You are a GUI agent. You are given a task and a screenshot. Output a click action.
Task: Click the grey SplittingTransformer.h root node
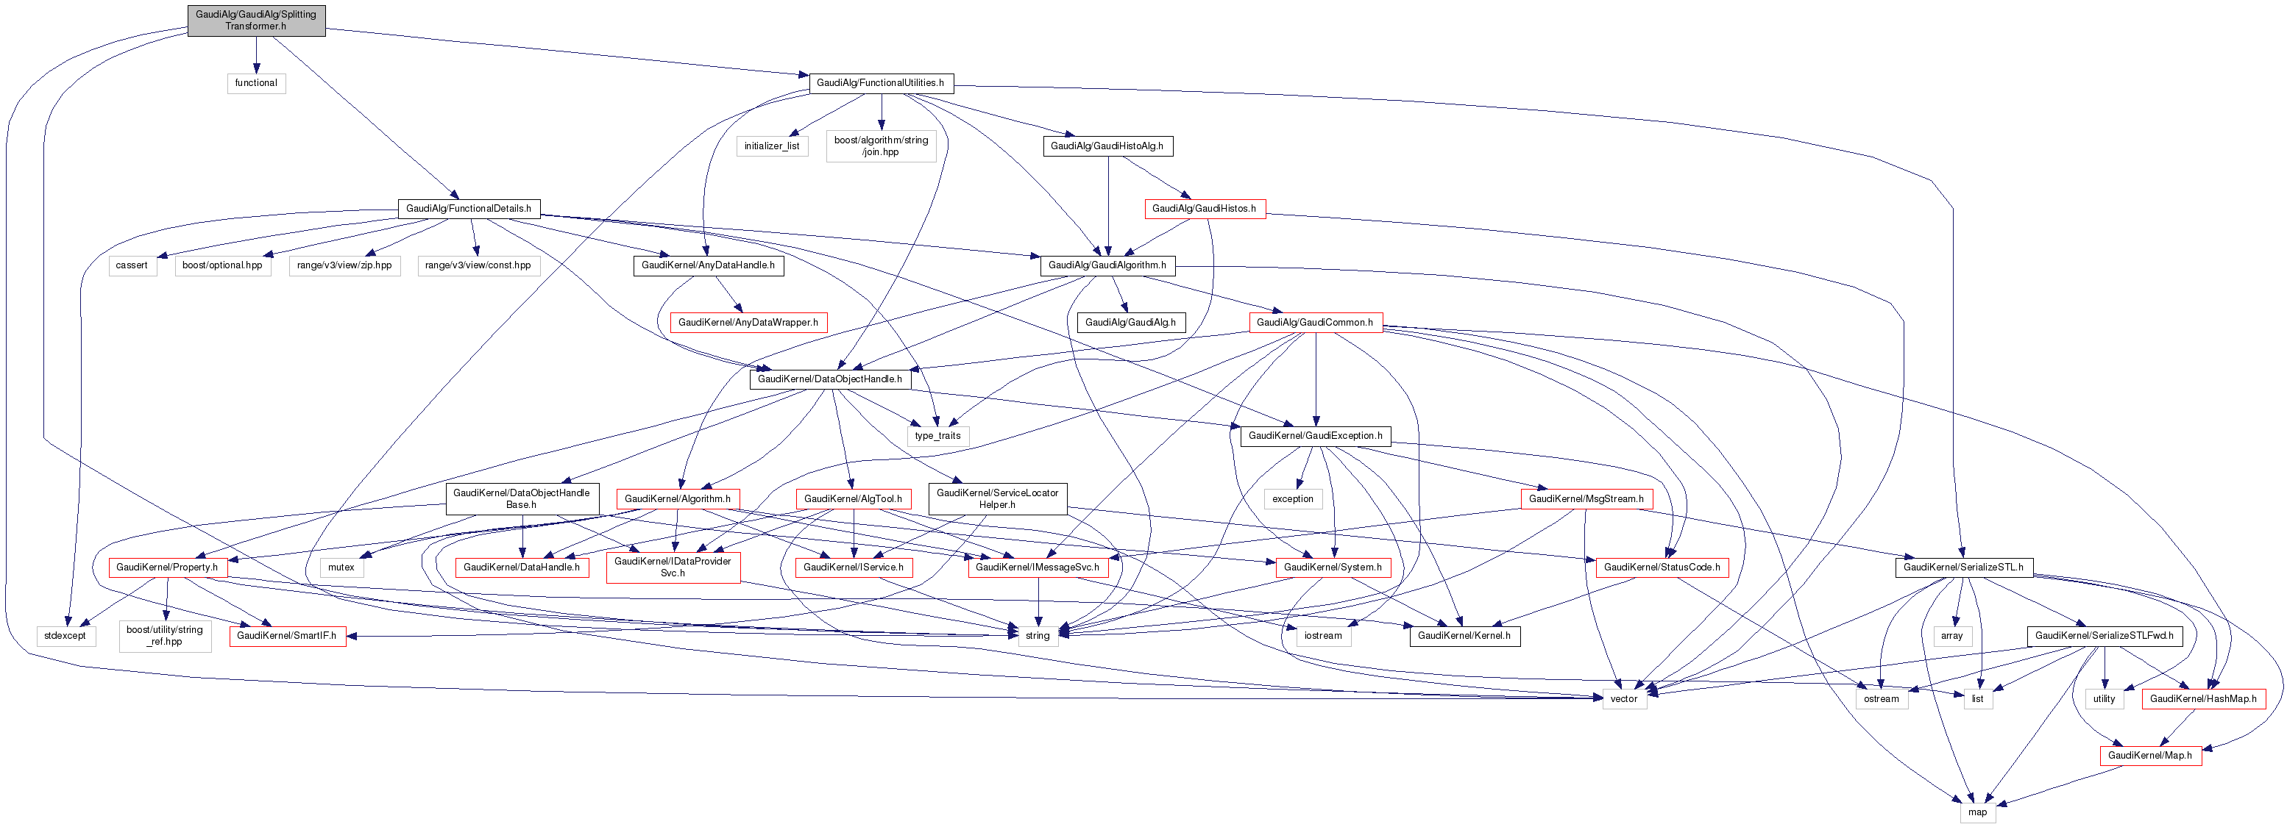click(x=255, y=20)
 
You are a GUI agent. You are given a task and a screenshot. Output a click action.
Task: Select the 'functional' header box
click(x=255, y=83)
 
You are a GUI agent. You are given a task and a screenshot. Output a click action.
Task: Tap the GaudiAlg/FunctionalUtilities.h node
click(x=881, y=83)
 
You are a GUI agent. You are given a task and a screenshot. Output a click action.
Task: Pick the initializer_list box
click(x=771, y=146)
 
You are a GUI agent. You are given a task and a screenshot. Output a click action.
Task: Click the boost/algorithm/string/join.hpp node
click(x=881, y=146)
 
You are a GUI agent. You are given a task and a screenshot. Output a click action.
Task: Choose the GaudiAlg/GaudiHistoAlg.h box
click(x=1107, y=146)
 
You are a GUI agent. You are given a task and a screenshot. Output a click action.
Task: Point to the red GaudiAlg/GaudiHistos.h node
click(x=1204, y=210)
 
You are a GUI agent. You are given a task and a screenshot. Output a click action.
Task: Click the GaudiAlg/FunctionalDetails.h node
click(x=468, y=210)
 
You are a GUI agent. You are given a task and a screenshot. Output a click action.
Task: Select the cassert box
click(x=132, y=265)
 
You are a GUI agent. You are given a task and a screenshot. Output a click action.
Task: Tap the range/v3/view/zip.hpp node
click(x=344, y=265)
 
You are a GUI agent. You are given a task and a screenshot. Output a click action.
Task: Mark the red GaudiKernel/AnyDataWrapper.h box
click(x=748, y=323)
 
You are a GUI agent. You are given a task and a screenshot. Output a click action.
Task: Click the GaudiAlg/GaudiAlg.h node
click(x=1130, y=323)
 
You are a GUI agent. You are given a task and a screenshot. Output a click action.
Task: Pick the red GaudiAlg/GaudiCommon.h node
click(x=1315, y=323)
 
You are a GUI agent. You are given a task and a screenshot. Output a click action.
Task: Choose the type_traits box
click(x=937, y=436)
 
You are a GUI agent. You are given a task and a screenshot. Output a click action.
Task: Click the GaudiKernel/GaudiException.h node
click(x=1315, y=436)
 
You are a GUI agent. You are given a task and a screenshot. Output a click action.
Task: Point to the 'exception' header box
click(x=1293, y=498)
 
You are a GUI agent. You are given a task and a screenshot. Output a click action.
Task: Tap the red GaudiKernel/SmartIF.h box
click(x=287, y=636)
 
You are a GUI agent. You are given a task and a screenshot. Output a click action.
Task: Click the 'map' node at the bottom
click(x=1977, y=812)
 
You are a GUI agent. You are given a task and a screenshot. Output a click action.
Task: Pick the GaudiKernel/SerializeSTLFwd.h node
click(x=2104, y=636)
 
